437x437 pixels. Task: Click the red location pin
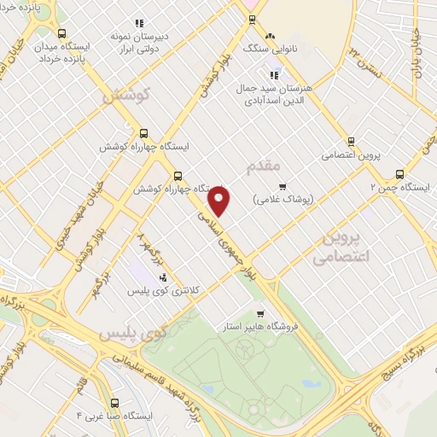pos(219,201)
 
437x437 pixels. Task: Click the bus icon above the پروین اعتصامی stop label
pos(351,142)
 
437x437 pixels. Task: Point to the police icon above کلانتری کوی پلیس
pos(162,277)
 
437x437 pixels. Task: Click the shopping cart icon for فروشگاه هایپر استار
pos(260,313)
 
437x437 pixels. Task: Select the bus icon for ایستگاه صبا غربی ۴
pos(114,402)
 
